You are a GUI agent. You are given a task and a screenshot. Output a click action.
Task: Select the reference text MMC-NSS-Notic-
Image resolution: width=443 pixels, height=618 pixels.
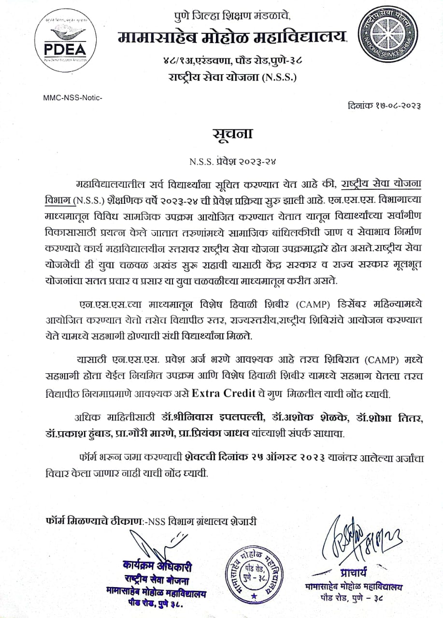coord(73,98)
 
